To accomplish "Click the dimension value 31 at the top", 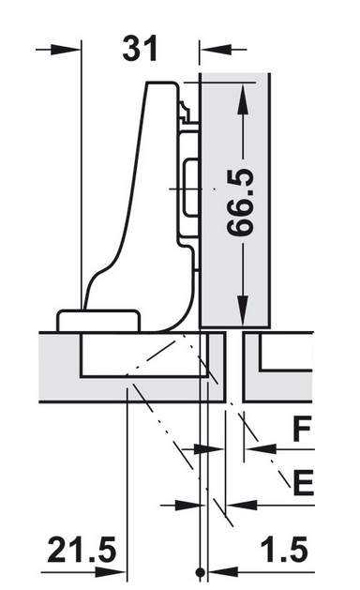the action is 140,50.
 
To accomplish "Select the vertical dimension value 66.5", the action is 241,203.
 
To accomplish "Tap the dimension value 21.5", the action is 82,550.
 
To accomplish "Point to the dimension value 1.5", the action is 284,550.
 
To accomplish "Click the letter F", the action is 302,430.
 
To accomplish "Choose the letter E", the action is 303,482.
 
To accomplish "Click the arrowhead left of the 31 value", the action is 66,50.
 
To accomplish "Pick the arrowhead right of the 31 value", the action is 216,50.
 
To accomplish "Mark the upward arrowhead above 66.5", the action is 244,99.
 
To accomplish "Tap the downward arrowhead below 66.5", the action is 244,310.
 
